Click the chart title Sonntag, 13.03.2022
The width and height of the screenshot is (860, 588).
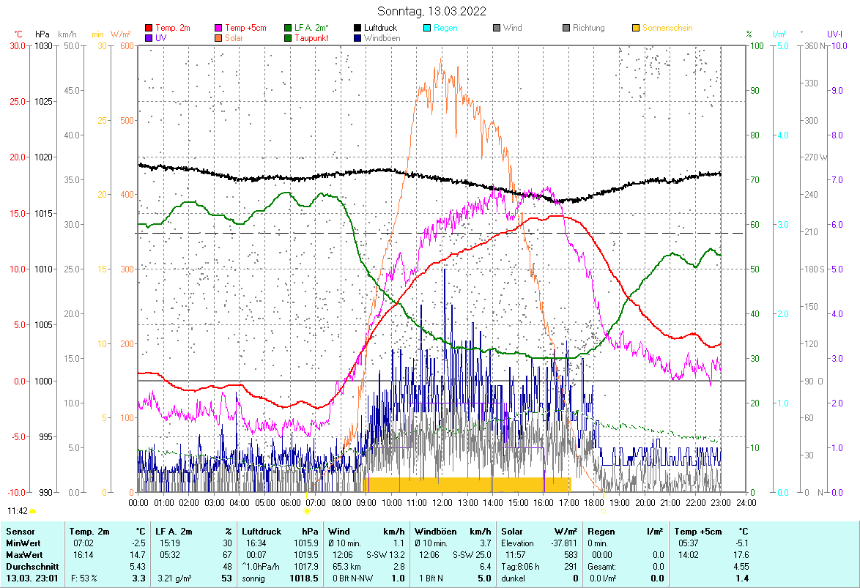click(431, 12)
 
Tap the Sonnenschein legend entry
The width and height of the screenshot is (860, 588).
click(667, 28)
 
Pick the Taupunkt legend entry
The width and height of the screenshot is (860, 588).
click(311, 38)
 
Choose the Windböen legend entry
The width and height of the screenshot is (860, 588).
click(382, 38)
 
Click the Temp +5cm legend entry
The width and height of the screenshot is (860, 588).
click(245, 28)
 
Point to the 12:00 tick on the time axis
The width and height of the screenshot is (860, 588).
click(442, 502)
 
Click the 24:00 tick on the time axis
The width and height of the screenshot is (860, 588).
click(746, 502)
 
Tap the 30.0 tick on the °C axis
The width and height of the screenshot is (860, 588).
click(16, 45)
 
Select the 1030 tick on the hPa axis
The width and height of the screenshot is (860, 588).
click(43, 45)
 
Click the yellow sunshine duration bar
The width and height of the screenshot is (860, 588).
click(467, 484)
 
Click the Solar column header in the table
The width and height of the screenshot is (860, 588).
click(513, 531)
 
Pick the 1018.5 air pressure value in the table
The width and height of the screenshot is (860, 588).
click(304, 578)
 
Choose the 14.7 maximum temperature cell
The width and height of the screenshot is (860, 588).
click(137, 554)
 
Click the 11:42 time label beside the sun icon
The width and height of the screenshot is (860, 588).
click(18, 510)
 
